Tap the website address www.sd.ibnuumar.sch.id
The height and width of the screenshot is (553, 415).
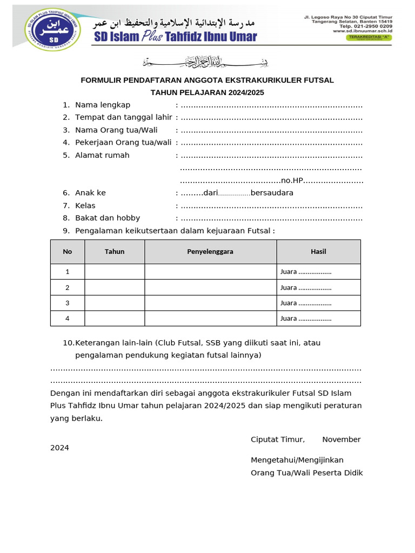(x=362, y=31)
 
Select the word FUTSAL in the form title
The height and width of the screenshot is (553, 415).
(x=319, y=80)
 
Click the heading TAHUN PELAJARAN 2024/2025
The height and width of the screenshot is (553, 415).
(x=207, y=93)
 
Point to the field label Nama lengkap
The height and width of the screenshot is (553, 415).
(x=103, y=105)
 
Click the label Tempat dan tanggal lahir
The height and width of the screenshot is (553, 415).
(x=124, y=117)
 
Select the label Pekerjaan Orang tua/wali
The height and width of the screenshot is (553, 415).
(x=123, y=143)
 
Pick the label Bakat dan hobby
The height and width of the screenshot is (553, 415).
(x=108, y=218)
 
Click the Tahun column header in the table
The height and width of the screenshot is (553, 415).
(x=115, y=252)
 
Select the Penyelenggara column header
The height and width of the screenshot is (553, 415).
(x=210, y=252)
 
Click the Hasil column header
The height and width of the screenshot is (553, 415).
(x=318, y=252)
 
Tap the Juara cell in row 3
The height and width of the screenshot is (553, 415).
(x=306, y=303)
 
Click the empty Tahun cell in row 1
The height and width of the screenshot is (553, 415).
(x=115, y=272)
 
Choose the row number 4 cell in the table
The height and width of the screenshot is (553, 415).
(x=68, y=319)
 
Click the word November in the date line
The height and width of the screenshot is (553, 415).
(x=342, y=440)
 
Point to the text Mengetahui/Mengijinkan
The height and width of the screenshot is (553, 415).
(x=297, y=460)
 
